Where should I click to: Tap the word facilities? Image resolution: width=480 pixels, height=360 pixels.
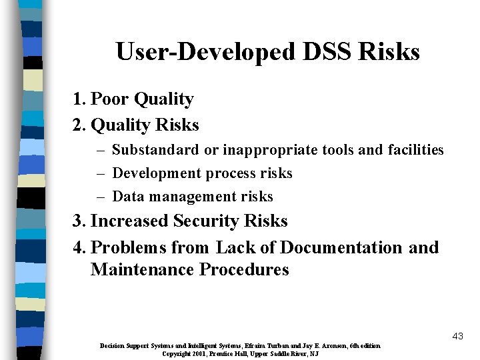coord(415,150)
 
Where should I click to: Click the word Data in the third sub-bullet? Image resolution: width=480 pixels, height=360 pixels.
coord(128,197)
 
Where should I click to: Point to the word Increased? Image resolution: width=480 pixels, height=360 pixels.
coord(129,221)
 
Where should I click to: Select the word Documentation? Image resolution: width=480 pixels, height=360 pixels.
coord(341,247)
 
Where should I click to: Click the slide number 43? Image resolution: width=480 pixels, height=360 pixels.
coord(457,336)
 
